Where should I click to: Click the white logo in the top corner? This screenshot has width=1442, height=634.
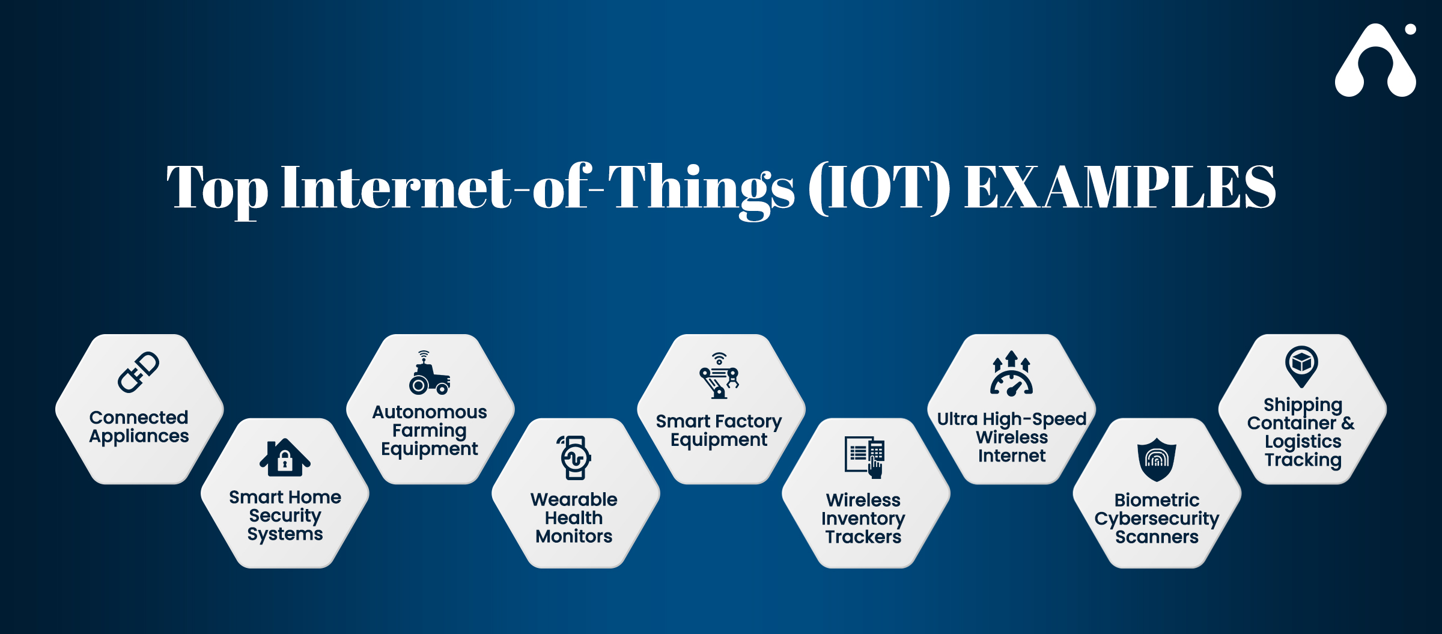(x=1375, y=60)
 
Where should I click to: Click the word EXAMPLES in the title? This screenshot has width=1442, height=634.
(x=1120, y=187)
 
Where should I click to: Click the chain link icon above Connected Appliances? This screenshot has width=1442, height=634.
(x=139, y=372)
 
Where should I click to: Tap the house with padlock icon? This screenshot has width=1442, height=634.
(x=285, y=457)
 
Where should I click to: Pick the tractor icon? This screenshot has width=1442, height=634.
(x=429, y=373)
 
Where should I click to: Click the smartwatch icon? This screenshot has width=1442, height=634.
(x=575, y=458)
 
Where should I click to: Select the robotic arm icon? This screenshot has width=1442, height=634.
(x=719, y=376)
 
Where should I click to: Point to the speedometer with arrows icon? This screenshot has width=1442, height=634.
(x=1012, y=373)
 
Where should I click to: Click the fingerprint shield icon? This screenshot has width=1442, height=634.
(x=1157, y=459)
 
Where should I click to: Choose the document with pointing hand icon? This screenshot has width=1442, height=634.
(x=865, y=457)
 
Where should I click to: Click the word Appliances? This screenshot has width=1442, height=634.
(x=139, y=437)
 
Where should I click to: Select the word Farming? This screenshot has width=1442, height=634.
(x=429, y=431)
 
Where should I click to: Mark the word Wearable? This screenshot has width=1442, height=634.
(x=574, y=499)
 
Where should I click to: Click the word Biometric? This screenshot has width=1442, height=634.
(x=1157, y=500)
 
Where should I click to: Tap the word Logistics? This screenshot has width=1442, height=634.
(x=1303, y=442)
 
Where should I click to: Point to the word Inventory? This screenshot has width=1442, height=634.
(x=863, y=519)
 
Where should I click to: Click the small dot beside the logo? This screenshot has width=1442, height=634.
(x=1411, y=29)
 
